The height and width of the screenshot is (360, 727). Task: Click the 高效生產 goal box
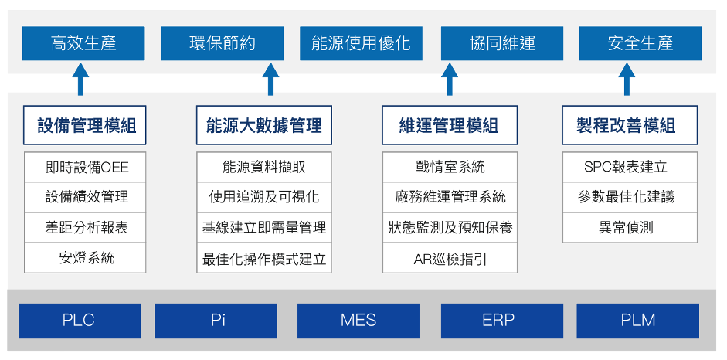click(83, 43)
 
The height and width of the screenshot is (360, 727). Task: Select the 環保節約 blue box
click(222, 43)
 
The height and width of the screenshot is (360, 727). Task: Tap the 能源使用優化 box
click(361, 43)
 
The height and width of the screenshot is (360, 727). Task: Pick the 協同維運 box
click(502, 43)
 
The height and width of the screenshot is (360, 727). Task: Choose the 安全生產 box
click(640, 43)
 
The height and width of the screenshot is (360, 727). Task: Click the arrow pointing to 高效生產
click(80, 80)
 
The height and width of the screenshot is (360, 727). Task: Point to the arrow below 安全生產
click(627, 80)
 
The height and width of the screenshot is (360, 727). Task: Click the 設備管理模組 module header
click(85, 125)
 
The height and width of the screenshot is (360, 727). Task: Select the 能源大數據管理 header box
click(263, 125)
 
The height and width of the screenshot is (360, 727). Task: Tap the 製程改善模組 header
click(630, 125)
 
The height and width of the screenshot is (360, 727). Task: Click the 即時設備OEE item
click(85, 167)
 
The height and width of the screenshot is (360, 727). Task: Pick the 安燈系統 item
click(85, 258)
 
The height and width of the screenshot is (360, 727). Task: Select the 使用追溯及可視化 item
click(263, 197)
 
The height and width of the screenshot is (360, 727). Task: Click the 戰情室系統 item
click(450, 167)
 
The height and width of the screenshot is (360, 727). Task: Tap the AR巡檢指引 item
click(450, 258)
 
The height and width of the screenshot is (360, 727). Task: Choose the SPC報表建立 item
click(630, 167)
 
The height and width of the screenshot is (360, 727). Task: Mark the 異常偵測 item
click(630, 227)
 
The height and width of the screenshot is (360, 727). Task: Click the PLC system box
click(80, 321)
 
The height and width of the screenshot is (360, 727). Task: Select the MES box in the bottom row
click(358, 321)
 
